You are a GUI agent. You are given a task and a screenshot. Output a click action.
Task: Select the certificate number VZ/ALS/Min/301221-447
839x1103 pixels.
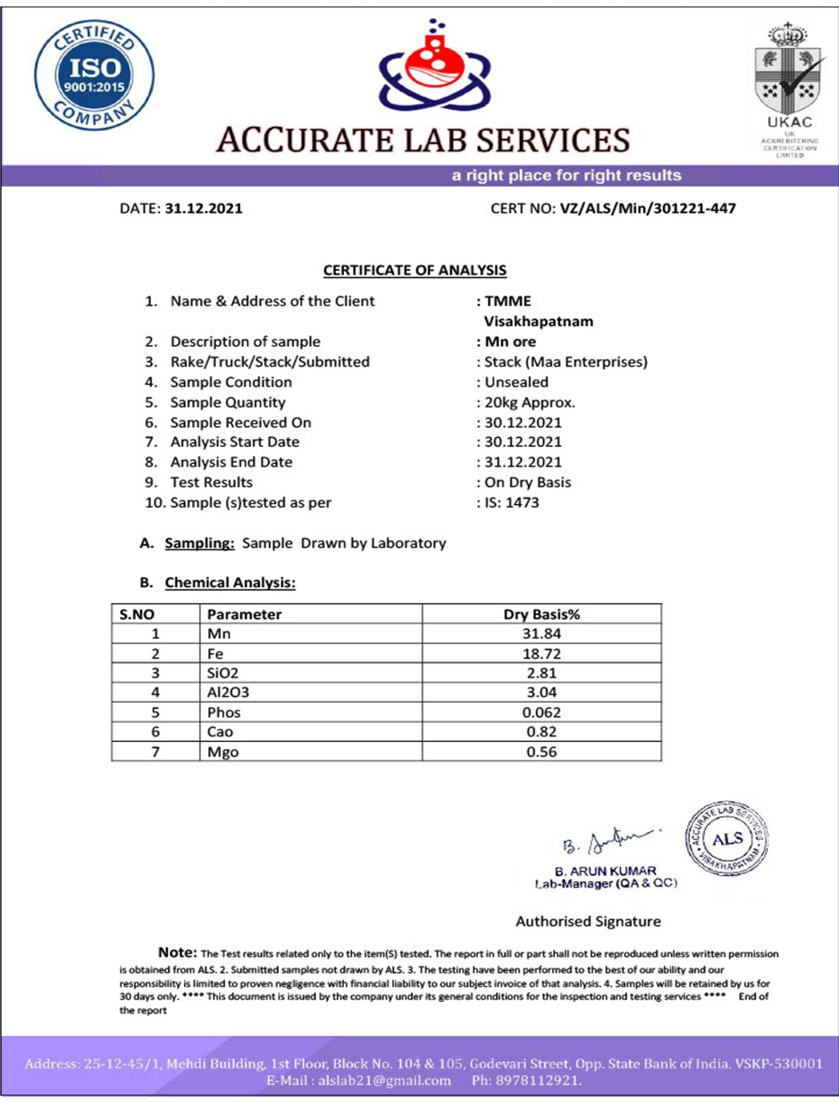point(648,208)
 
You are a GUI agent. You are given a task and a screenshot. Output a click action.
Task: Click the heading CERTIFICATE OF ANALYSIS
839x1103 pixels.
point(415,269)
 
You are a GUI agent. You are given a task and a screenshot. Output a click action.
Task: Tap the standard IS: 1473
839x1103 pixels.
point(511,502)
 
